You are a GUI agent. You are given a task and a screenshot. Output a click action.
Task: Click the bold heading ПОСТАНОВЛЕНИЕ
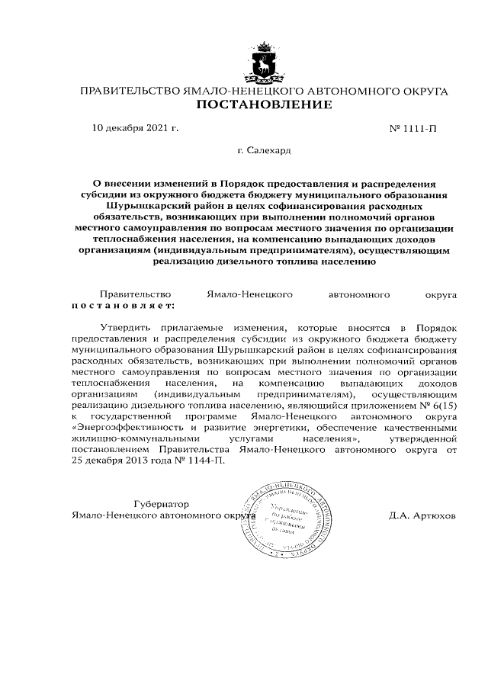click(x=264, y=104)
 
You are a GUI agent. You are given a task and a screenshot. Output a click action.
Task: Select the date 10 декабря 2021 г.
click(x=135, y=127)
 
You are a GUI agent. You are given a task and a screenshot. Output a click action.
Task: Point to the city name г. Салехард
click(x=264, y=151)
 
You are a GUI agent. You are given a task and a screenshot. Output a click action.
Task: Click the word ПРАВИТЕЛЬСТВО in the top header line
click(x=130, y=91)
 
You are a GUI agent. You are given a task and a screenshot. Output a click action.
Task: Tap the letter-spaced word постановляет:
click(x=123, y=305)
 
